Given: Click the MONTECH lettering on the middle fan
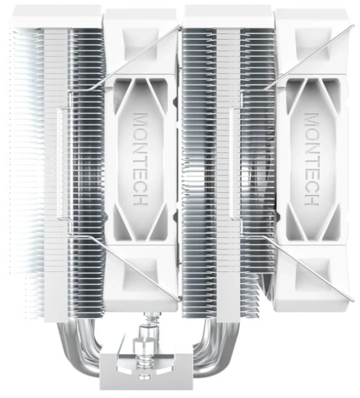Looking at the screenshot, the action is (140, 159).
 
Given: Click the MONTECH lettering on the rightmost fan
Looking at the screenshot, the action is (311, 159).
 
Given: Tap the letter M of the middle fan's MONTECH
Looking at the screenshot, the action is (140, 120).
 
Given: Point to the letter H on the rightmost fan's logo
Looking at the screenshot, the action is (311, 200).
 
